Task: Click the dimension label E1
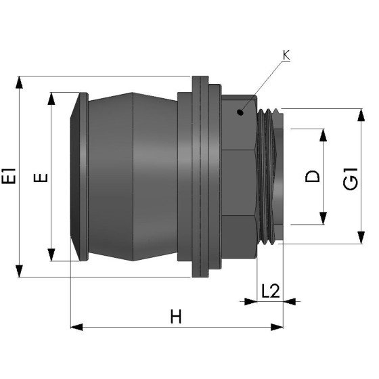click(x=9, y=177)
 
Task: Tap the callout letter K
click(x=286, y=55)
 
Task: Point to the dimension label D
click(x=312, y=177)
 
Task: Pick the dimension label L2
click(x=270, y=291)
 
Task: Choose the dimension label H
click(x=177, y=316)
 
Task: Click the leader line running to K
click(x=264, y=85)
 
